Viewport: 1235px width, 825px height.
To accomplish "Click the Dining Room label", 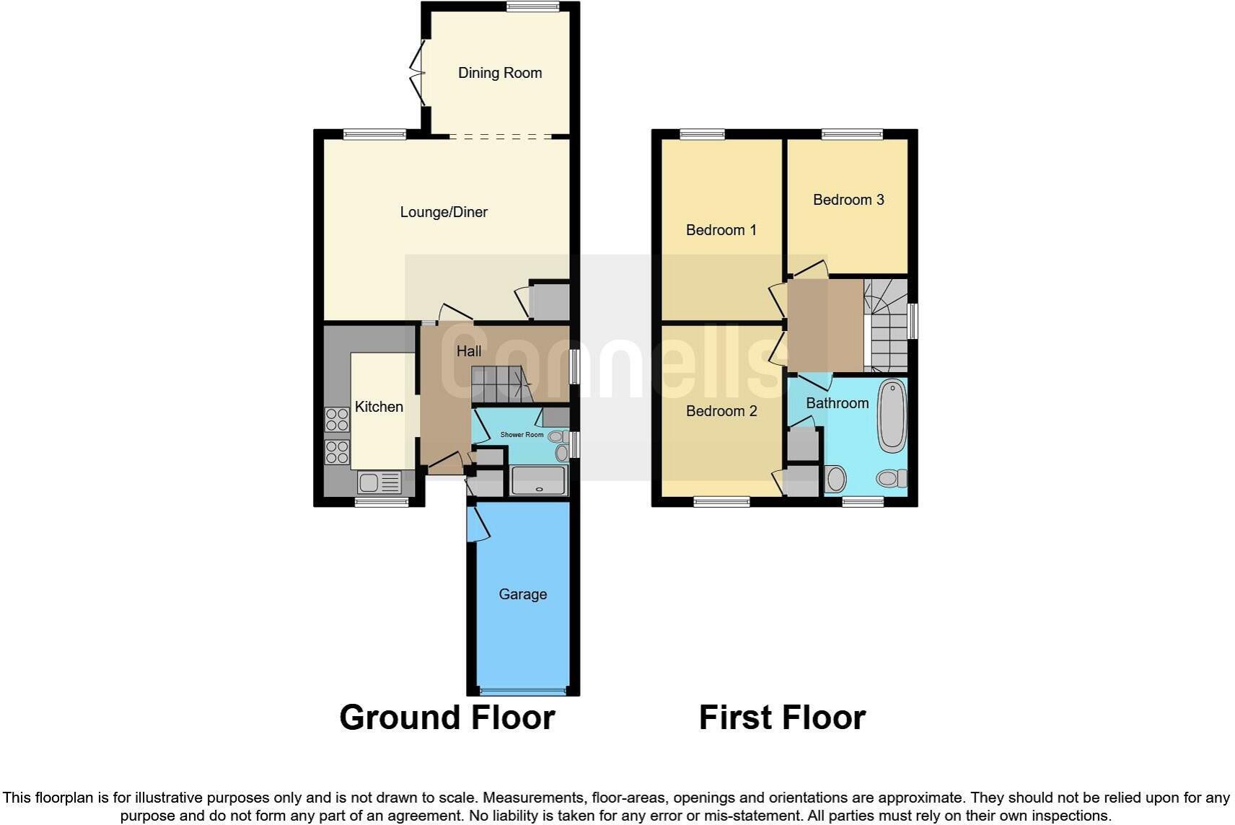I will [500, 73].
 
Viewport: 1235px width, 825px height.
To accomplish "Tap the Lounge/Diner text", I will [444, 212].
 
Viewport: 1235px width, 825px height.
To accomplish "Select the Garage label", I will [522, 594].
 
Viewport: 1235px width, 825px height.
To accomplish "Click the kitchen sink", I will [379, 482].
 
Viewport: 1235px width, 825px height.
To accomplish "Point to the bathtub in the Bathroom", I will [892, 415].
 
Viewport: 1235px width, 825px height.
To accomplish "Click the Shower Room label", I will [522, 435].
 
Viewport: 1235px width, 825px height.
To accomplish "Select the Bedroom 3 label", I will [848, 200].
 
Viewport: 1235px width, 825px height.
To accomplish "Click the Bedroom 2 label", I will [721, 411].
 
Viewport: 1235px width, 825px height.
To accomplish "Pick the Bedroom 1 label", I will [721, 230].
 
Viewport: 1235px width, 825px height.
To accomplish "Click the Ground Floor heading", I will [447, 718].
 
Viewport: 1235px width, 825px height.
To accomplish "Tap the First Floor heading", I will [782, 718].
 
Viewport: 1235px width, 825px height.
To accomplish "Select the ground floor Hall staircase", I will [499, 384].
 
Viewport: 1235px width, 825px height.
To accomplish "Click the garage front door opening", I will [523, 692].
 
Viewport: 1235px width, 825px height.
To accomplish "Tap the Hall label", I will [469, 351].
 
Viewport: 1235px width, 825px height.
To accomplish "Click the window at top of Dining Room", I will [532, 7].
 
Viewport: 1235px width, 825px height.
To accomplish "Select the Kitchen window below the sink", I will [382, 502].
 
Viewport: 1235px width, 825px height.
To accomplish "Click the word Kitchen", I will [379, 407].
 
